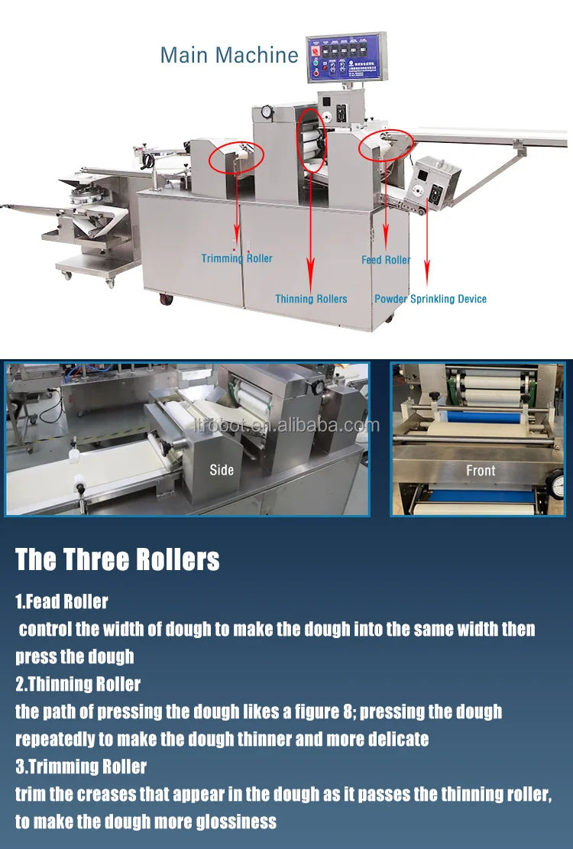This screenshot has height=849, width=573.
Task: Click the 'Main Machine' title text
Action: point(228,55)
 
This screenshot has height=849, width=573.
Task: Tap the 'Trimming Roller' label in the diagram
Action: point(237,258)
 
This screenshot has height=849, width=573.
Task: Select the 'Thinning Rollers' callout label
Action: point(311,299)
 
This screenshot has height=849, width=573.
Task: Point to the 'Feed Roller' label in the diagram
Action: point(386,260)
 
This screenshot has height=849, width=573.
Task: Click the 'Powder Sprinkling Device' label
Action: point(430,299)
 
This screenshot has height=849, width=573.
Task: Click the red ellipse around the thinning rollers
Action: point(311,139)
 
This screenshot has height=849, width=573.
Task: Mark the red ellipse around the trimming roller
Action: point(236,155)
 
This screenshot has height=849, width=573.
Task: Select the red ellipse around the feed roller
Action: point(387,144)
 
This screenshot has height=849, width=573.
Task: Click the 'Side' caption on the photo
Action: point(222,469)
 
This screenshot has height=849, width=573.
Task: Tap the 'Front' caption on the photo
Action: point(481,471)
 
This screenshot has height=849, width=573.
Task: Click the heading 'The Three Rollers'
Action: point(118,559)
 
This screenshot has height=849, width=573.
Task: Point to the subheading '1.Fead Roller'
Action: point(62,601)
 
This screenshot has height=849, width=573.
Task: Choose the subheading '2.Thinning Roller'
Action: point(78,684)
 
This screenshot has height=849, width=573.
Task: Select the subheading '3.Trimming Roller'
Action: point(81,766)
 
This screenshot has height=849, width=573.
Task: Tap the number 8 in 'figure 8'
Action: point(347,711)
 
